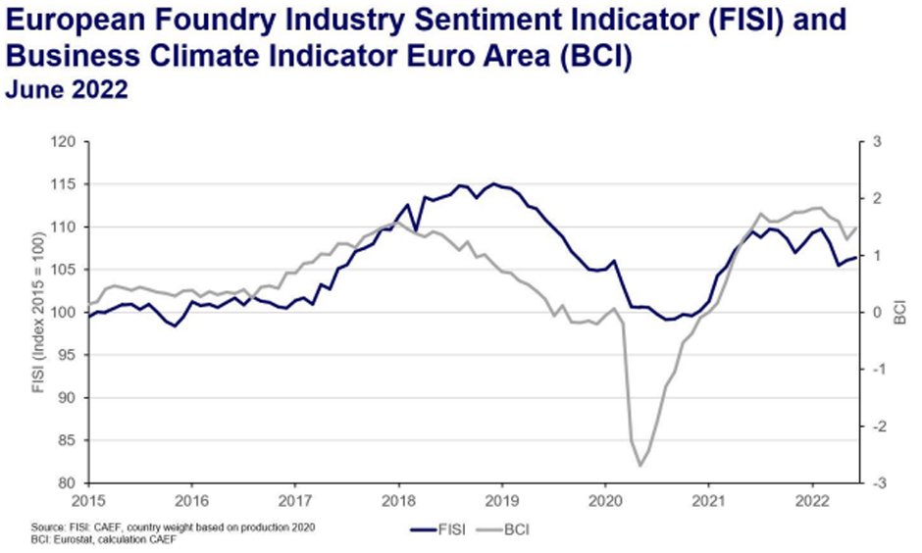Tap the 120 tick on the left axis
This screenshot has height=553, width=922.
click(x=66, y=142)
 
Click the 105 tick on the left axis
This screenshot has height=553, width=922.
click(x=66, y=270)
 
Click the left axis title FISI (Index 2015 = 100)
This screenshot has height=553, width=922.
click(x=39, y=313)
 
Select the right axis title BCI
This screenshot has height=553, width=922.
click(x=901, y=313)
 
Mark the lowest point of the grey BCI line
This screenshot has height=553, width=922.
click(x=640, y=466)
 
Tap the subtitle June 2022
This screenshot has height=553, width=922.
click(x=67, y=89)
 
